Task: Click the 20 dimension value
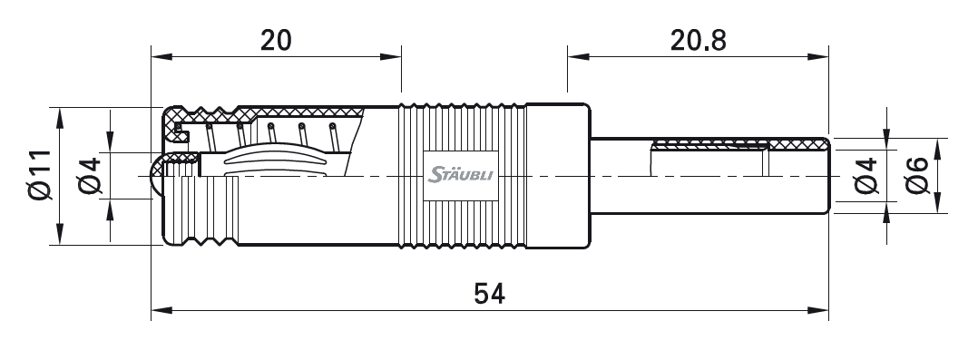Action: pos(276,41)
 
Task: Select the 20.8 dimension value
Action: pos(699,41)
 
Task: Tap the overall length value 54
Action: pos(490,293)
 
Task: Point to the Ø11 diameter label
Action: pos(39,175)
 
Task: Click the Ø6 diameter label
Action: pos(917,175)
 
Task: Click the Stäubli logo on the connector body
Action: pos(460,174)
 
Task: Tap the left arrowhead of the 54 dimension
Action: pos(161,310)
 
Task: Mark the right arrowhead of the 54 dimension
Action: pos(818,310)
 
